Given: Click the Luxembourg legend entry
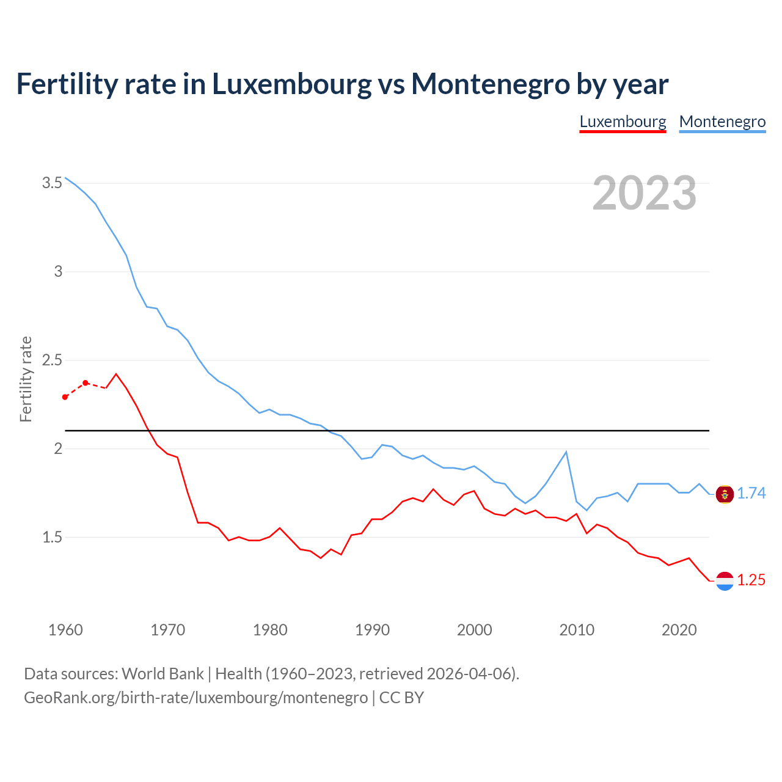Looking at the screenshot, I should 623,122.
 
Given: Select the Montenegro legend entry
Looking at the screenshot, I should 722,122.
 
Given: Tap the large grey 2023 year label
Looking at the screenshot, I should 645,193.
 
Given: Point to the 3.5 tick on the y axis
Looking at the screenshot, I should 53,183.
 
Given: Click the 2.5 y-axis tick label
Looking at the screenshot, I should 53,360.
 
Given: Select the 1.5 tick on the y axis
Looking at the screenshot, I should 53,537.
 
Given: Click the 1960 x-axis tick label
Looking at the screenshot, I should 65,630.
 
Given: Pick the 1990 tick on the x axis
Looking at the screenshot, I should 372,630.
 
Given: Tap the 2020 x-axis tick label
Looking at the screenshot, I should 679,630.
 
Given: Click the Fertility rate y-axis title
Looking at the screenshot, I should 26,379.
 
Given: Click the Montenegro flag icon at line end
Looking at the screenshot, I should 725,494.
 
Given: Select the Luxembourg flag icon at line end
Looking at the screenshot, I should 725,580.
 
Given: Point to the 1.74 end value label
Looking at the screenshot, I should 751,493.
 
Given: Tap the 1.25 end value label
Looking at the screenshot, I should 751,580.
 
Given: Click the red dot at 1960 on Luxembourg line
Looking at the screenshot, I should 65,397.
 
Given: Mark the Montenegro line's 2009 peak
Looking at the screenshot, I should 566,452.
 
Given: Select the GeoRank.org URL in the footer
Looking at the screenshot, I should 195,698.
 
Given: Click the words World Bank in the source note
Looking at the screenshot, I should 163,674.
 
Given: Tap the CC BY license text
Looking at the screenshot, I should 401,698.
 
